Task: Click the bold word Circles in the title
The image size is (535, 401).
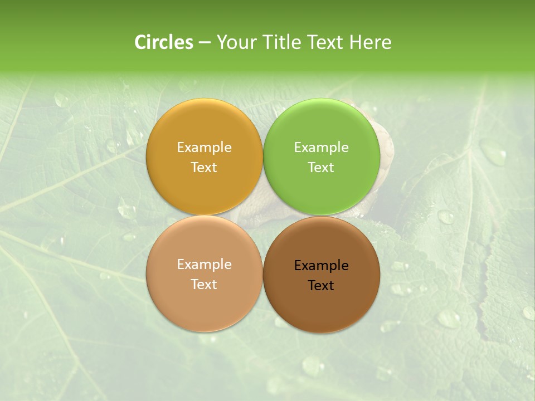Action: tap(164, 42)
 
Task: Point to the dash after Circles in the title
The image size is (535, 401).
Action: tap(205, 43)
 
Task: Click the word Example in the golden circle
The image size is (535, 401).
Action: tap(204, 147)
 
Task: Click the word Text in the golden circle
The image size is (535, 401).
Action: tap(204, 167)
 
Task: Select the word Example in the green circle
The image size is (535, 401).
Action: tap(322, 147)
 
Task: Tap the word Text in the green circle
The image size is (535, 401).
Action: tap(322, 167)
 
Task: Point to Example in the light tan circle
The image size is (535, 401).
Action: tap(204, 264)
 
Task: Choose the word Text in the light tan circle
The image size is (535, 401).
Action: tap(204, 284)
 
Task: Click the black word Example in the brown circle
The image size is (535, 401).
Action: tap(322, 265)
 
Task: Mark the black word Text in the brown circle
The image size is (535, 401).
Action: tap(322, 285)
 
